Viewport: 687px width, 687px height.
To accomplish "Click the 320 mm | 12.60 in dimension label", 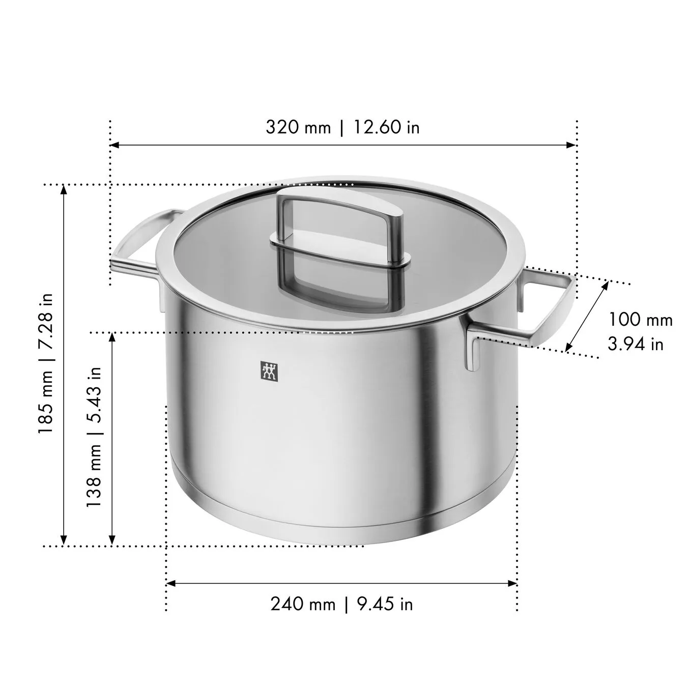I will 342,127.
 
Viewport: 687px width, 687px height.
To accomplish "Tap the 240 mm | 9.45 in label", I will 341,605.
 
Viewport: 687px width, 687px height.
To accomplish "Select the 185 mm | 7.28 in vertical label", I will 46,363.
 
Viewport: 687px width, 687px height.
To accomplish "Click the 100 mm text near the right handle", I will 641,320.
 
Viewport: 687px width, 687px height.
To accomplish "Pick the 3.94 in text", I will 636,344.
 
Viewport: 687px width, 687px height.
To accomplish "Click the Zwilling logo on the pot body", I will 269,371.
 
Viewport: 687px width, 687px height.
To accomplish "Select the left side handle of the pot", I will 137,244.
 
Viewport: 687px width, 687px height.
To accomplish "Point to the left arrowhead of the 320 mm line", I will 114,145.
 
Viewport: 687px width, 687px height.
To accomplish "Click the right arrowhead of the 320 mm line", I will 572,145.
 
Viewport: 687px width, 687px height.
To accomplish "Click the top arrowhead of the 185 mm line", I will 64,189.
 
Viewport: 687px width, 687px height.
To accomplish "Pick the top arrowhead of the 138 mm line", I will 112,337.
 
